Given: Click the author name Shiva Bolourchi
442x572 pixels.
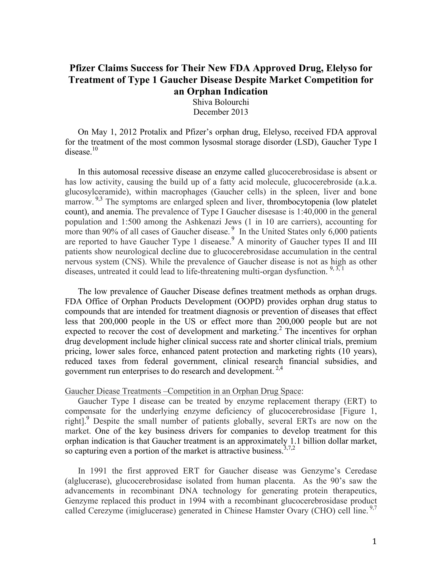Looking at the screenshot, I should pos(221,102).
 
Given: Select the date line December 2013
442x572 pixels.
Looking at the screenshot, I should pos(221,112).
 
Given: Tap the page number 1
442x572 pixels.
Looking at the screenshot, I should pos(374,541).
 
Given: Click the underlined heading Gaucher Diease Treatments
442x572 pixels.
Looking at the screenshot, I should pos(113,391).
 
